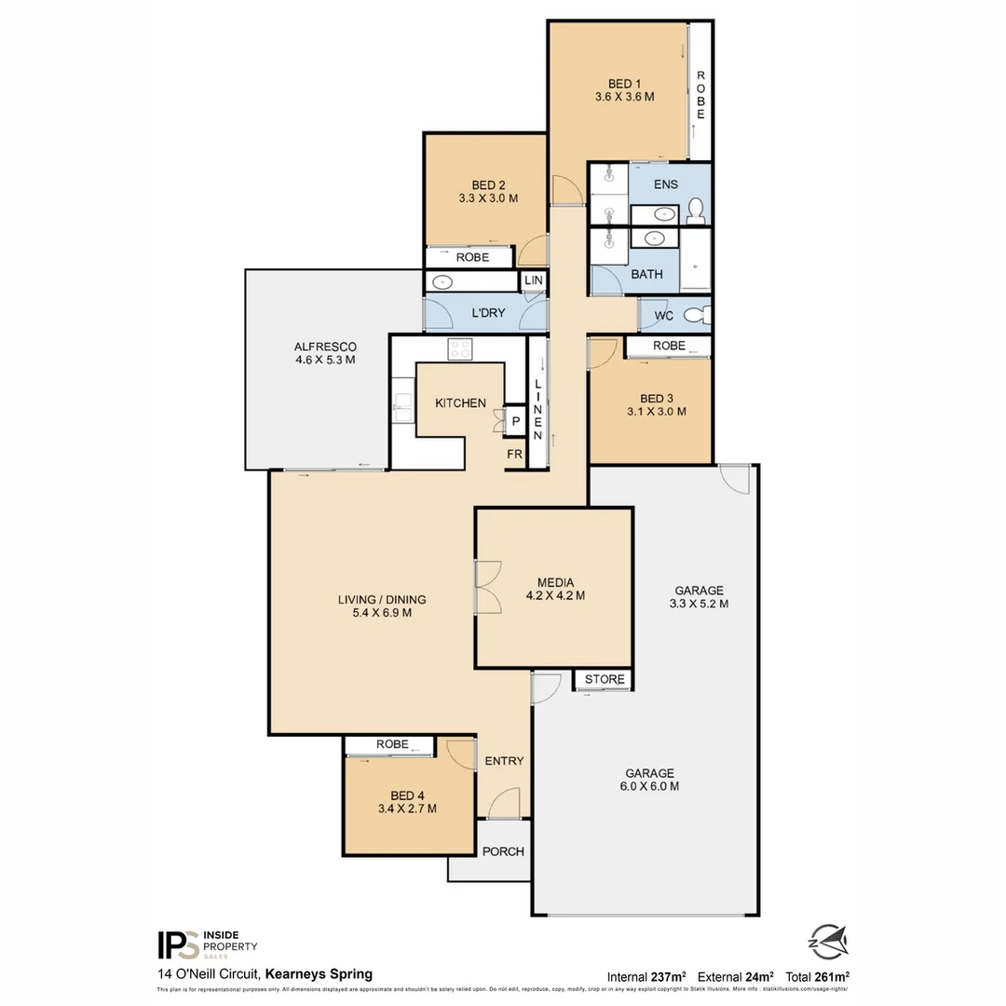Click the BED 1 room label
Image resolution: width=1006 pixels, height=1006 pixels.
625,83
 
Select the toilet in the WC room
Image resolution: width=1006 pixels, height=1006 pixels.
696,316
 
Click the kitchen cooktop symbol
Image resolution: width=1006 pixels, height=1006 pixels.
460,349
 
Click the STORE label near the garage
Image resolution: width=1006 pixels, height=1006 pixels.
604,679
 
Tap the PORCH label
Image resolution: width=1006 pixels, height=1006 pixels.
502,851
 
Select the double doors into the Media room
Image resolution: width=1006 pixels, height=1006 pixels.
486,587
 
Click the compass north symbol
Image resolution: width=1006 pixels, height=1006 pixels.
827,939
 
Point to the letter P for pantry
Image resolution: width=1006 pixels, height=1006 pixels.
516,422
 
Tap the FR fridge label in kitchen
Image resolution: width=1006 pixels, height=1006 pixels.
514,455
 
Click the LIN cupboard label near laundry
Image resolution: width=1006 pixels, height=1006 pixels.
534,280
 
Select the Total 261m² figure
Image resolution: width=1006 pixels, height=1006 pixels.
817,976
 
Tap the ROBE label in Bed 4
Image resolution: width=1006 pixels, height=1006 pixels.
392,744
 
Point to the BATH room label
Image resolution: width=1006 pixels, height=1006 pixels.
646,275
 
